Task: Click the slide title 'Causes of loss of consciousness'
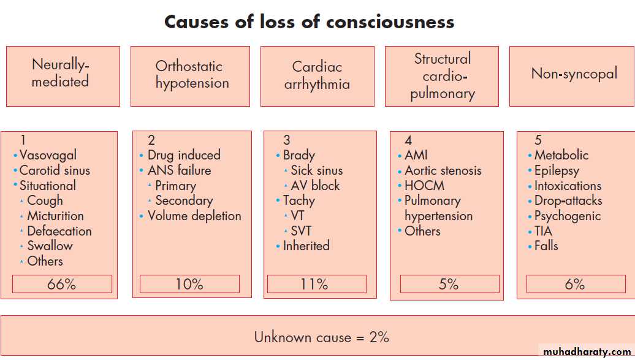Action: (309, 23)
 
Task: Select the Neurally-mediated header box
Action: (63, 76)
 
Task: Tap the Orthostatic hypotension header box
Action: (190, 76)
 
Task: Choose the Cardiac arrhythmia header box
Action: (317, 76)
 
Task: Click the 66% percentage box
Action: (62, 284)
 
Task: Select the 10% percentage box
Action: (189, 284)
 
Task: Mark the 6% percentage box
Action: (575, 284)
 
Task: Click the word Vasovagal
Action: (48, 155)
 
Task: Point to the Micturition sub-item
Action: (55, 216)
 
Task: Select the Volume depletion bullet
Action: (194, 216)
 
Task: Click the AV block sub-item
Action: (315, 186)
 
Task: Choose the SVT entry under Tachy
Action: (301, 231)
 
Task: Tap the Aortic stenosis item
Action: (443, 170)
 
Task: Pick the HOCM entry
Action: (424, 186)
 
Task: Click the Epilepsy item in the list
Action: (557, 170)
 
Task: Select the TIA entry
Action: (543, 231)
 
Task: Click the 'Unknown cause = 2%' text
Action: (321, 337)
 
